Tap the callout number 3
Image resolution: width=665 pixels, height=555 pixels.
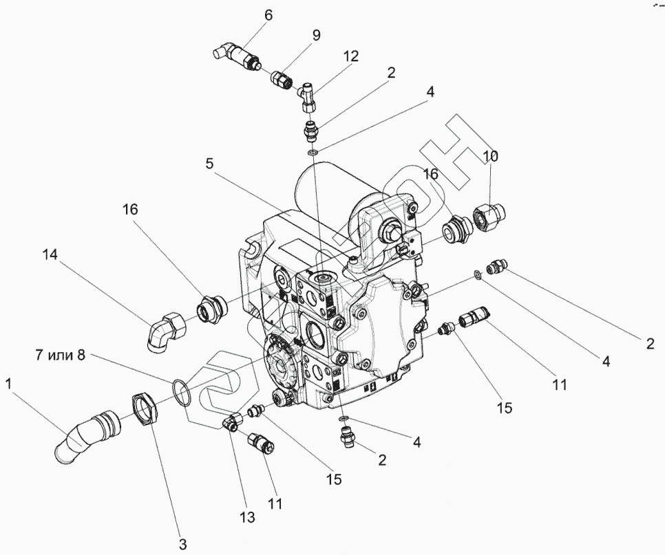182,545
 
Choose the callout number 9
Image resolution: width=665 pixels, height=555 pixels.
316,36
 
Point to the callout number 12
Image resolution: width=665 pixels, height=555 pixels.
352,56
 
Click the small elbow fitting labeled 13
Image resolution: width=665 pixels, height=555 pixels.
231,420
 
